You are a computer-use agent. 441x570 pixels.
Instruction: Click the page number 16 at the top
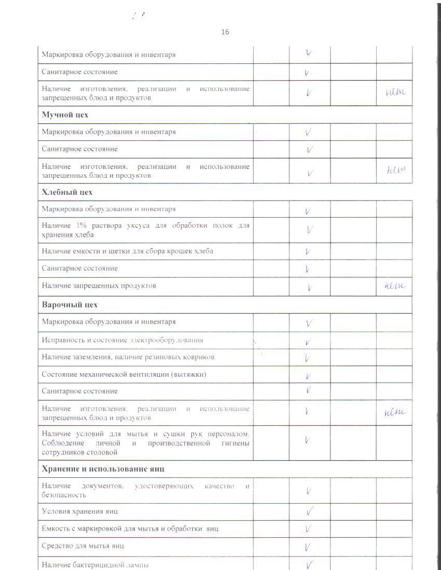[225, 32]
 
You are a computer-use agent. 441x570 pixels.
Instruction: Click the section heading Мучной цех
[65, 115]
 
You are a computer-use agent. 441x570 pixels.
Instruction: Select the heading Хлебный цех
[67, 192]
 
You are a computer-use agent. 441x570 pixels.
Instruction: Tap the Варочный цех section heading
[70, 305]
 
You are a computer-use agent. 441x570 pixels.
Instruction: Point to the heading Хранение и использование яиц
[103, 468]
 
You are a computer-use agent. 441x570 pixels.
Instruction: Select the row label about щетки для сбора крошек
[127, 251]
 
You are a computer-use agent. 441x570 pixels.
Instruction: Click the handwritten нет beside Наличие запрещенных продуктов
[394, 286]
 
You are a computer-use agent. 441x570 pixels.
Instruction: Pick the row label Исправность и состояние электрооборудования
[122, 340]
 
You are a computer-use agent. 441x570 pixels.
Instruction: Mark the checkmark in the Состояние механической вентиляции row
[308, 376]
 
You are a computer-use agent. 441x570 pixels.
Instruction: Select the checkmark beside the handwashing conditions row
[307, 440]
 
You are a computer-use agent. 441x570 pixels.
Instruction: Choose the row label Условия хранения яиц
[80, 511]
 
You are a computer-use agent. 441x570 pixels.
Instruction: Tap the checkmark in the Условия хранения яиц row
[309, 512]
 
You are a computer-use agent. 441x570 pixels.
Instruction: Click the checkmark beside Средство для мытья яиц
[308, 547]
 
